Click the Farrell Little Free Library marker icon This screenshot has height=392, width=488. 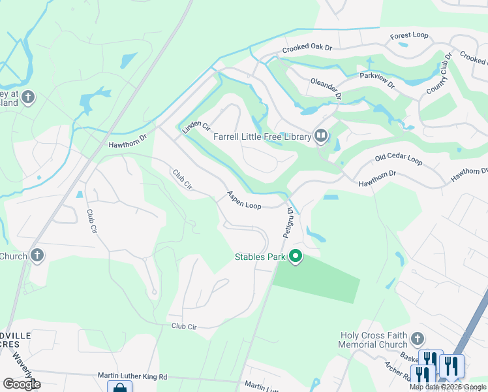321,136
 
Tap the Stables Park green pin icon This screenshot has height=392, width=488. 296,257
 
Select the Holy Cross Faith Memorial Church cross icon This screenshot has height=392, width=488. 417,339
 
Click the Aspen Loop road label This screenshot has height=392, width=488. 244,201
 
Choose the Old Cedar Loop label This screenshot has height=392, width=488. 398,160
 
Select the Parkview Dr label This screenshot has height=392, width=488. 378,80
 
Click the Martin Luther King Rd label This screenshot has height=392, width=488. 132,376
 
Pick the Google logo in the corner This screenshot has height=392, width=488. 22,384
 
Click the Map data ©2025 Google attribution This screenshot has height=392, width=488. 448,387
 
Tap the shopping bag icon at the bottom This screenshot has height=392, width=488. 119,387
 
